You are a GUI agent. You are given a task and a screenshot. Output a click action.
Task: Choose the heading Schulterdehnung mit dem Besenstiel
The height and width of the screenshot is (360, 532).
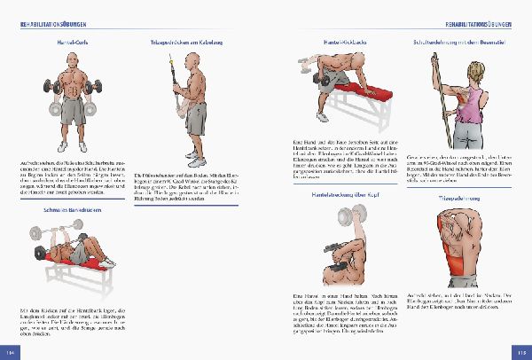458,42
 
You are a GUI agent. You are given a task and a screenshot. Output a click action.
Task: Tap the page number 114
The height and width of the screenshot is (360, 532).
11,353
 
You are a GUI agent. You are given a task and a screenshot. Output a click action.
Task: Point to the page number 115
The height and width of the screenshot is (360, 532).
520,353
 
